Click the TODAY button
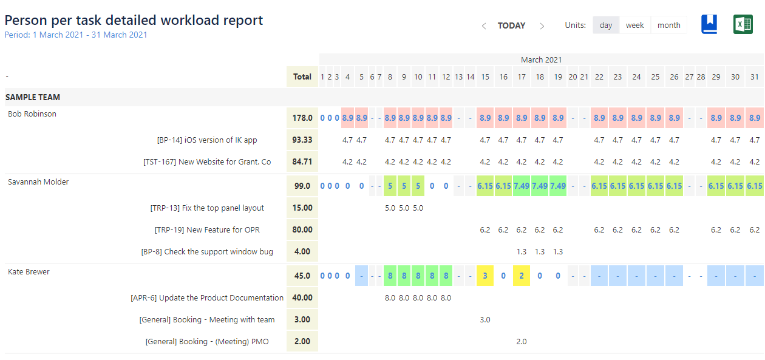pyautogui.click(x=511, y=25)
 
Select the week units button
pyautogui.click(x=634, y=25)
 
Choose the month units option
pyautogui.click(x=668, y=25)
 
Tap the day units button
pyautogui.click(x=606, y=25)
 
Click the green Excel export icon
pyautogui.click(x=743, y=24)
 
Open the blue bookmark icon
pyautogui.click(x=709, y=24)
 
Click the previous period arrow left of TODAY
pyautogui.click(x=484, y=26)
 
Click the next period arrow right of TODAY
pyautogui.click(x=542, y=26)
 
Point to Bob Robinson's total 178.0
pyautogui.click(x=302, y=118)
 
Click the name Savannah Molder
pyautogui.click(x=38, y=182)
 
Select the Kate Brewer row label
pyautogui.click(x=29, y=271)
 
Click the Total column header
pyautogui.click(x=302, y=76)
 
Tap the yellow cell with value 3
pyautogui.click(x=484, y=276)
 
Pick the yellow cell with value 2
pyautogui.click(x=521, y=276)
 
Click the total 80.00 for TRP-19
pyautogui.click(x=302, y=229)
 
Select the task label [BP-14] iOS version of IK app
pyautogui.click(x=207, y=140)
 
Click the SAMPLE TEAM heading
pyautogui.click(x=33, y=97)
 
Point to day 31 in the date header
pyautogui.click(x=754, y=76)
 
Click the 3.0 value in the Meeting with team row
pyautogui.click(x=484, y=319)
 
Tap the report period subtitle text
pyautogui.click(x=76, y=35)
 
